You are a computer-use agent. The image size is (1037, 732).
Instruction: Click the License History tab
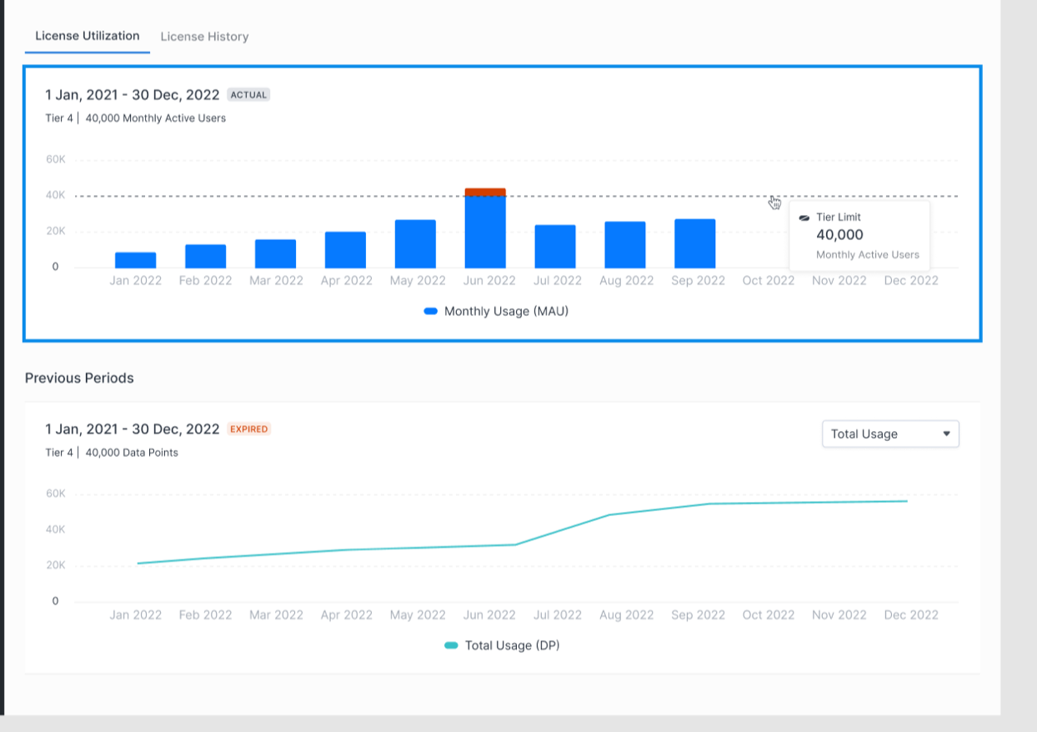point(204,37)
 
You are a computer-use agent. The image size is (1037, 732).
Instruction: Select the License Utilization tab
point(87,36)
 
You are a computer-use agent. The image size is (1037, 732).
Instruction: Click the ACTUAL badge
point(248,95)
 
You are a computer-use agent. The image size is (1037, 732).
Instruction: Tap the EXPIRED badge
point(248,429)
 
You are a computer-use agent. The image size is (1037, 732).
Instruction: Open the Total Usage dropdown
point(890,434)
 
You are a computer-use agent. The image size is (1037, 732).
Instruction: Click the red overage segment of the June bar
point(485,192)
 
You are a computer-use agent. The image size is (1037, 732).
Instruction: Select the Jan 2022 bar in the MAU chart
point(136,260)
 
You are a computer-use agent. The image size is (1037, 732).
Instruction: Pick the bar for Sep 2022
point(695,243)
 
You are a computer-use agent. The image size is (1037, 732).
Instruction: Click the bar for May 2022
point(415,244)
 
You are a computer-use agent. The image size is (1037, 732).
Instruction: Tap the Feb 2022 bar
point(206,256)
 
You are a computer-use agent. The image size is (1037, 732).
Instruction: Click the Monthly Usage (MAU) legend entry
point(496,311)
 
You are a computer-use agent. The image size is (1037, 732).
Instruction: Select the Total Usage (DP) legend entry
point(502,645)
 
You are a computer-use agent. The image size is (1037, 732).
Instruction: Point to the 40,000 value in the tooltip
point(839,235)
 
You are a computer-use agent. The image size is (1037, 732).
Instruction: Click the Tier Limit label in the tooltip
point(838,217)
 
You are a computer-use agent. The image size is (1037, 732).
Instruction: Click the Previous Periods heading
point(79,378)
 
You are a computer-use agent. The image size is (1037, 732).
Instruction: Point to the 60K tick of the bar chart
point(56,159)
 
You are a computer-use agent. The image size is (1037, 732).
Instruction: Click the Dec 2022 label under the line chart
point(911,614)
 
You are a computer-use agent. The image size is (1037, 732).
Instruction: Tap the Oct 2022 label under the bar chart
point(769,281)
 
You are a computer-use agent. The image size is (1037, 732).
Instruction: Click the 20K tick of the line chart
point(56,565)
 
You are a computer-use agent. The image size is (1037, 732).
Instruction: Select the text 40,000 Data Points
point(132,453)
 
